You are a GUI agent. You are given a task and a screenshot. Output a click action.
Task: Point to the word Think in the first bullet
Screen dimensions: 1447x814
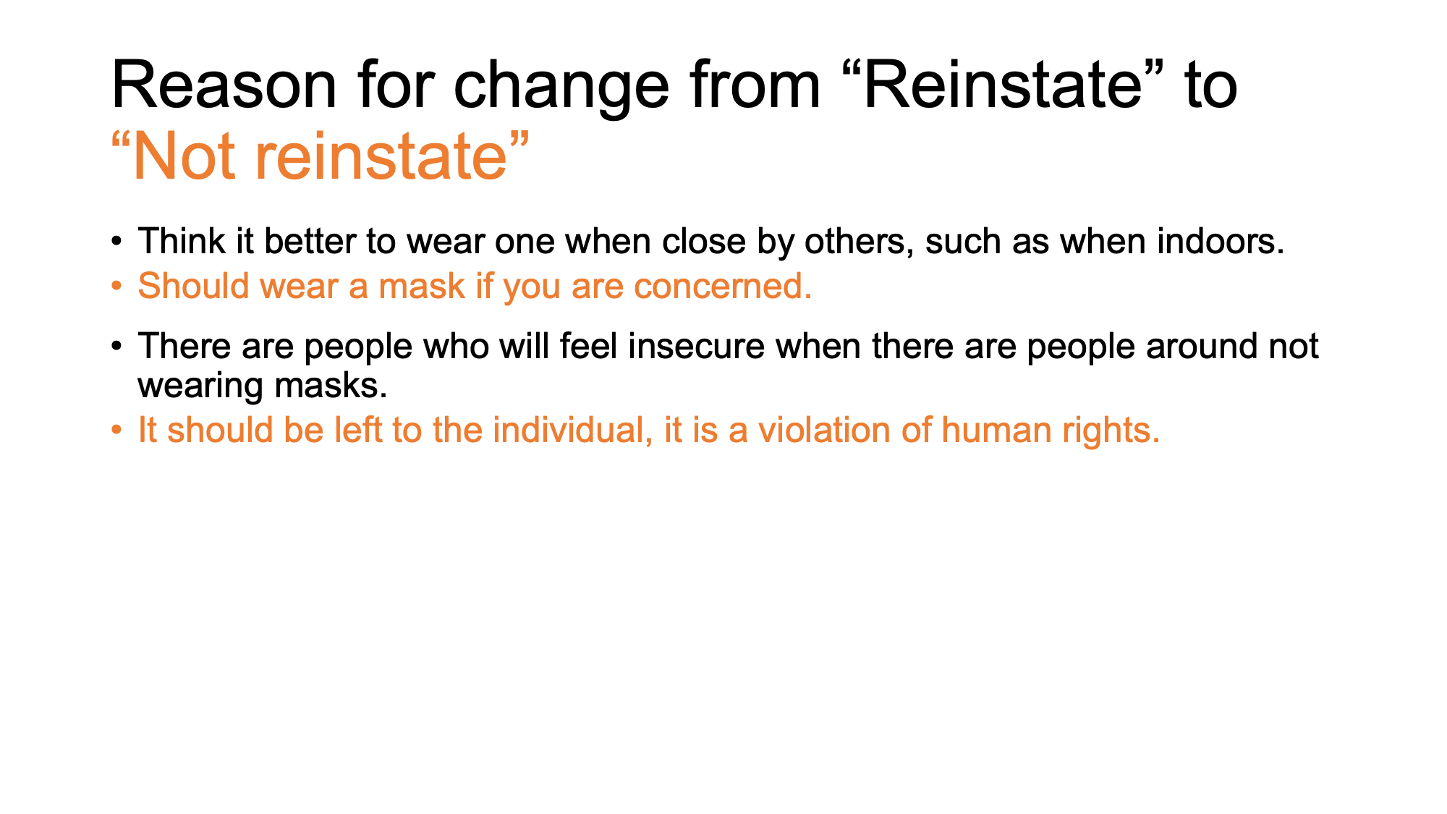click(182, 241)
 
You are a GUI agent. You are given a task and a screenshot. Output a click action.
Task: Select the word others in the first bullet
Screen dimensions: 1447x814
click(854, 241)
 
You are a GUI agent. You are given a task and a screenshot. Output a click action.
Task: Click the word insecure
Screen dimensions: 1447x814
click(697, 346)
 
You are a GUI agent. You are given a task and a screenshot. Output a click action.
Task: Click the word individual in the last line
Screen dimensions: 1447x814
click(567, 430)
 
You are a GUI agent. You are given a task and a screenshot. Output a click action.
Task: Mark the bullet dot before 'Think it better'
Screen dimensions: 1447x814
click(116, 242)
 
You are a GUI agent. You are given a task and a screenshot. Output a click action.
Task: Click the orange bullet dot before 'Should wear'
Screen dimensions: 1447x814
click(116, 287)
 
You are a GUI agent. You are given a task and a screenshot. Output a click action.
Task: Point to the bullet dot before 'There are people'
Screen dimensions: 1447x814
click(116, 347)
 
